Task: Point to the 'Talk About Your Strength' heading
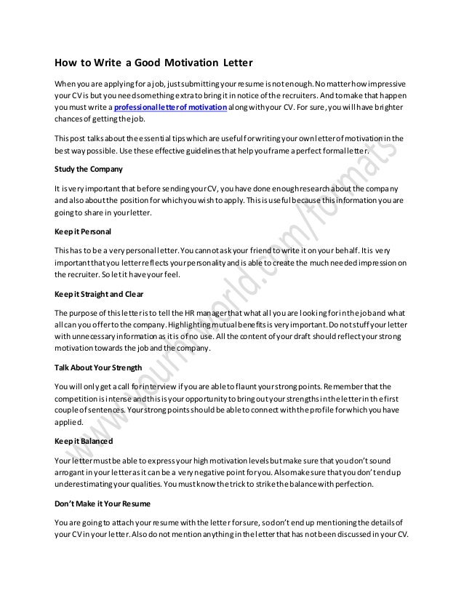97,367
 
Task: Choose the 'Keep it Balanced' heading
81,441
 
